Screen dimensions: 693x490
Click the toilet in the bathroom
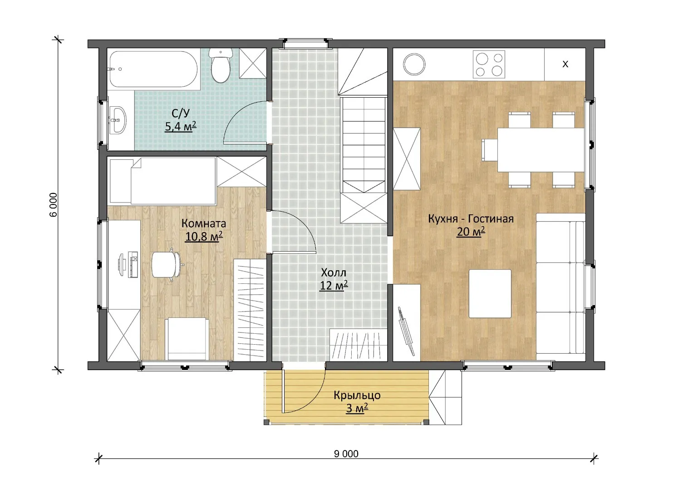pos(220,66)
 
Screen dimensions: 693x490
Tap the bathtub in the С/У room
pos(153,69)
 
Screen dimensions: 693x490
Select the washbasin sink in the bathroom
pos(118,120)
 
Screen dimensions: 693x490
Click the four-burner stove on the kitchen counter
pos(489,64)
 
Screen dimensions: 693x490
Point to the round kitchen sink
pos(414,64)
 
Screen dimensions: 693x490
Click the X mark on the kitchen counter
pos(565,64)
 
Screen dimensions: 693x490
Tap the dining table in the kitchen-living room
pos(541,150)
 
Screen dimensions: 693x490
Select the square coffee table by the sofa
pos(490,293)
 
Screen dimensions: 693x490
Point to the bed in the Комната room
pos(163,181)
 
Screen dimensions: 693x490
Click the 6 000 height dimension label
pos(53,205)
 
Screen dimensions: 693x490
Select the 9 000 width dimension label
pos(346,454)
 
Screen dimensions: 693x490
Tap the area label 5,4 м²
pos(181,126)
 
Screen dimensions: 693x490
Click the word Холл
pos(334,272)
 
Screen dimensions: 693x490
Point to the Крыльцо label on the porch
pos(357,395)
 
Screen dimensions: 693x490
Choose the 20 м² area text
pos(471,231)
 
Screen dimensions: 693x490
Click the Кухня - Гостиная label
pos(471,218)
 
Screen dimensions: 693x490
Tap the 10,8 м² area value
pos(204,237)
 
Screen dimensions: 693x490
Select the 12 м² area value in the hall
pos(334,285)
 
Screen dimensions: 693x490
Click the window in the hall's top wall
pos(306,43)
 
